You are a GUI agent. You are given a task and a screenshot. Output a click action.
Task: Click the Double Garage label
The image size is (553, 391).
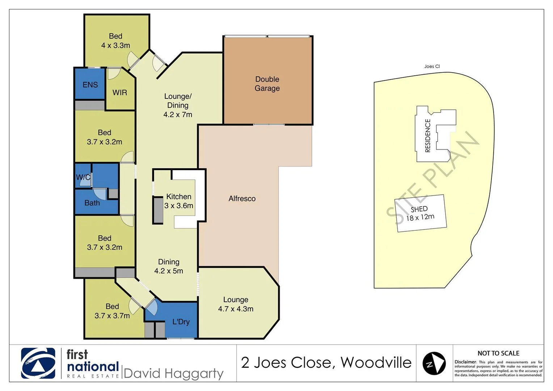[x=267, y=84]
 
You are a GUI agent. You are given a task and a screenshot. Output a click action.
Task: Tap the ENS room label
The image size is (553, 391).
[x=90, y=85]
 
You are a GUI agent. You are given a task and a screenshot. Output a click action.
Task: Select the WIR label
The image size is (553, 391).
[x=120, y=93]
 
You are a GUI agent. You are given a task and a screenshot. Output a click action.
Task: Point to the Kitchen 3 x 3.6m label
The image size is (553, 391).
[x=179, y=201]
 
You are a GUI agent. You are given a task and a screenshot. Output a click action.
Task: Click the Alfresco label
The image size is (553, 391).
[x=242, y=199]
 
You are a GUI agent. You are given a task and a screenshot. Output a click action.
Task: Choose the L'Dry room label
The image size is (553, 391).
[x=181, y=322]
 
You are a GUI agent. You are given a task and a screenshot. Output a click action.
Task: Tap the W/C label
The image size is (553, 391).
[x=83, y=177]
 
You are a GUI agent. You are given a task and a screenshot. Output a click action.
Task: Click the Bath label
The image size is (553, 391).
[x=92, y=203]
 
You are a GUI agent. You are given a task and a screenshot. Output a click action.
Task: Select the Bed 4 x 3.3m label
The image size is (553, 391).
[x=115, y=41]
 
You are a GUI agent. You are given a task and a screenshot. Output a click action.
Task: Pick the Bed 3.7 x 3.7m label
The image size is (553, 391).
[x=112, y=311]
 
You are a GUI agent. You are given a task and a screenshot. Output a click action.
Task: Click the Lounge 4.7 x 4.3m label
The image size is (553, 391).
[x=236, y=304]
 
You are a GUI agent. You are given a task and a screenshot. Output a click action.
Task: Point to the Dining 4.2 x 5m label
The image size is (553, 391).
[x=169, y=266]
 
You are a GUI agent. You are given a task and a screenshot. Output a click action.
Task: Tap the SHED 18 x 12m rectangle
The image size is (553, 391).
[x=420, y=214]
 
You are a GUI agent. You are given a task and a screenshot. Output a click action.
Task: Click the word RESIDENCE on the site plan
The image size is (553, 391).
[x=428, y=135]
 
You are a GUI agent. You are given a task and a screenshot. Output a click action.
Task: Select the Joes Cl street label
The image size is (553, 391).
[x=432, y=66]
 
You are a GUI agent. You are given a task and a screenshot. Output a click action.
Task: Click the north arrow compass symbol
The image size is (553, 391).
[x=434, y=363]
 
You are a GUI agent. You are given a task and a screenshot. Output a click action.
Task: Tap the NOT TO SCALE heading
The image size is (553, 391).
[x=498, y=353]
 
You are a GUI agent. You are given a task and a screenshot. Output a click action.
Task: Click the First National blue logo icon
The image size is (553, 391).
[x=38, y=363]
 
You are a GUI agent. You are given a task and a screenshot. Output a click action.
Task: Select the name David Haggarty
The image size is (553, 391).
[x=173, y=373]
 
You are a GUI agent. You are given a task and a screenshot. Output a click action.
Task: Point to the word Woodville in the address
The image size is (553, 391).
[x=376, y=362]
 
